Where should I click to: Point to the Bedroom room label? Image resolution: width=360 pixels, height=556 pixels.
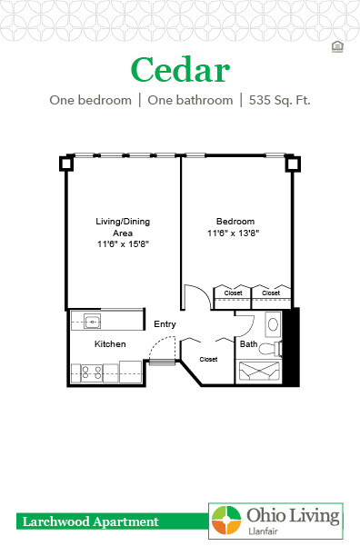[235, 222]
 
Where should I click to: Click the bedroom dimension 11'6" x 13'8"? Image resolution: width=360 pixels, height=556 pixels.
[235, 233]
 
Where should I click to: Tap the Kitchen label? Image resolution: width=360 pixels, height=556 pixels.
[110, 343]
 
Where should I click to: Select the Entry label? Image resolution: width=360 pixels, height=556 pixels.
[165, 324]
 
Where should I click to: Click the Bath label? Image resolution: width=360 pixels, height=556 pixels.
[248, 344]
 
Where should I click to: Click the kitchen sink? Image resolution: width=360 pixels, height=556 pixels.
[92, 320]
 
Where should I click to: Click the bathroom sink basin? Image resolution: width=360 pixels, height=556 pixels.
[273, 324]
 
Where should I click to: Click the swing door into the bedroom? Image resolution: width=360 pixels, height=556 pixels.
[196, 299]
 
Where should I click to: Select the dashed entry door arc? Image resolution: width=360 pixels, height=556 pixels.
[160, 348]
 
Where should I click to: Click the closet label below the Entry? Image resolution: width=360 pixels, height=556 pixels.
[208, 359]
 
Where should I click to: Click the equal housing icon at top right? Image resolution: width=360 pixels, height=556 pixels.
[338, 45]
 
